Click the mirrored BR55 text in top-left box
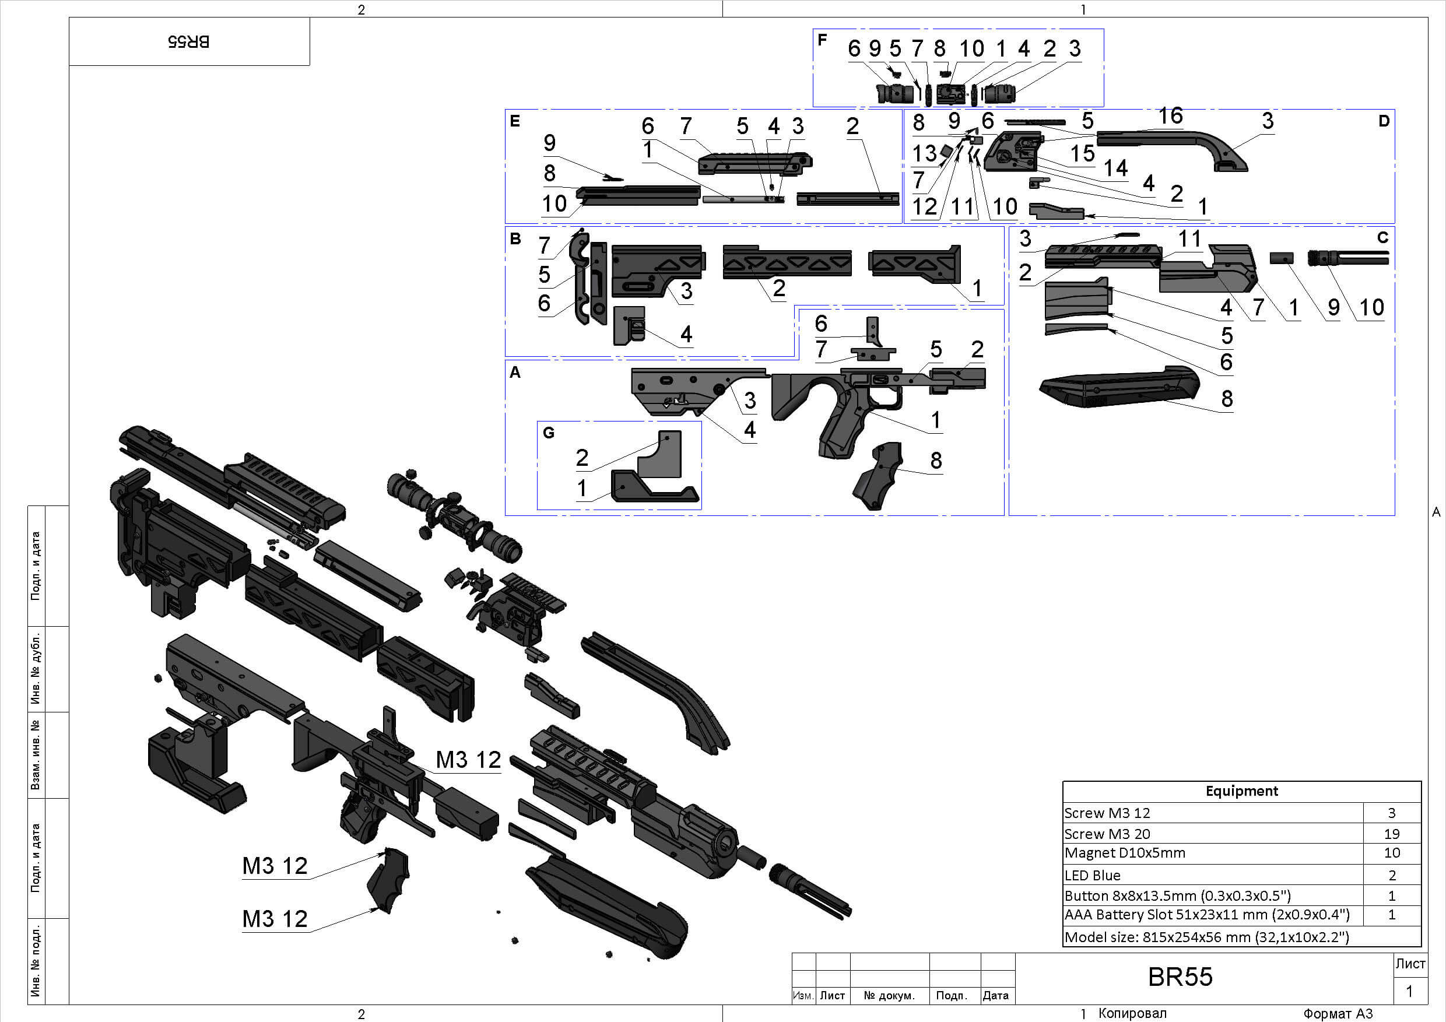point(189,41)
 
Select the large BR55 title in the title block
point(1180,977)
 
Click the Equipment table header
point(1241,791)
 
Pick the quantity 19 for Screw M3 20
point(1391,834)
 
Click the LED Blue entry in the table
point(1093,875)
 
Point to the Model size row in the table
point(1206,937)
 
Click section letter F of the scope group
point(822,40)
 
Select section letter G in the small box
point(549,433)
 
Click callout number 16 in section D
point(1170,116)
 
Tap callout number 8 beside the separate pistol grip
point(936,461)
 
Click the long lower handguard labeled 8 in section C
point(1121,386)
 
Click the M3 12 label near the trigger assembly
point(468,760)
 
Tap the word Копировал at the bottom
point(1132,1013)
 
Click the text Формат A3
point(1338,1013)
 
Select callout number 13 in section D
point(925,153)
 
